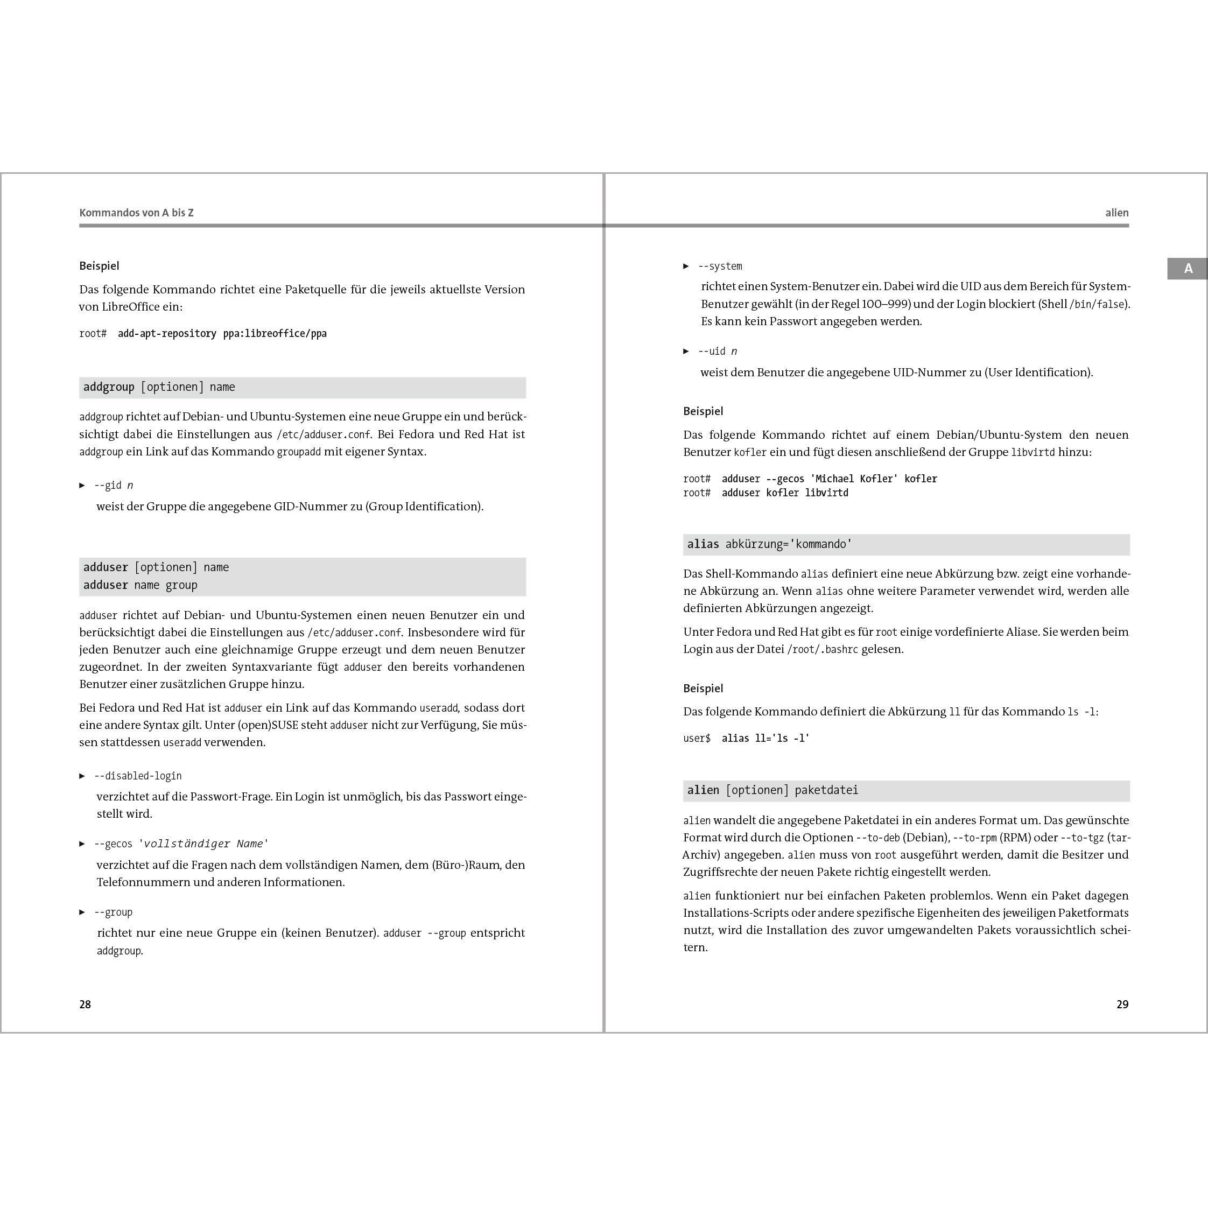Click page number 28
click(85, 1004)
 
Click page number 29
click(1122, 1004)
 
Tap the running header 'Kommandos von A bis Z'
click(136, 213)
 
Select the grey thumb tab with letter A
click(1187, 268)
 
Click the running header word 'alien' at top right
click(1116, 213)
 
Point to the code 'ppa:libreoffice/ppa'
click(275, 333)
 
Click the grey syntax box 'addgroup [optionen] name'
click(302, 387)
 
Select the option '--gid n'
click(113, 485)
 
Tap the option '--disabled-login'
click(138, 776)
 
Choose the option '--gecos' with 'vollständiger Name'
click(181, 844)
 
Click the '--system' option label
click(720, 266)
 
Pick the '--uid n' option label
click(717, 352)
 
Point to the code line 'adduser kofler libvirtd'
click(785, 493)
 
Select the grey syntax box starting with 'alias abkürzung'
click(906, 544)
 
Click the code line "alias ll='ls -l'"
click(765, 739)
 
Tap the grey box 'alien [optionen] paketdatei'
click(906, 790)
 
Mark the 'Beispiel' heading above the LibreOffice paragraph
click(99, 266)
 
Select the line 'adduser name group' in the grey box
click(140, 585)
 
